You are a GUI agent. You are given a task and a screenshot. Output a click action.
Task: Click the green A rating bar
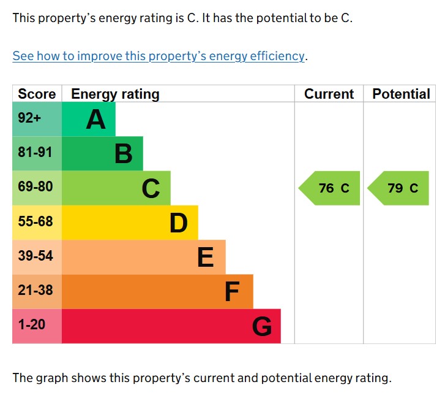coord(89,119)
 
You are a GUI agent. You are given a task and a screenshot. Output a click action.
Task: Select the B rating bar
coord(102,153)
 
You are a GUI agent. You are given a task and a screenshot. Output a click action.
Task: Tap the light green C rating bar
coord(116,188)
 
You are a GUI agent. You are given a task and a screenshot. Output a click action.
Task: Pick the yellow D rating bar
coord(130,222)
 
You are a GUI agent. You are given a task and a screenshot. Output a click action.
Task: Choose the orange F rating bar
coord(157,291)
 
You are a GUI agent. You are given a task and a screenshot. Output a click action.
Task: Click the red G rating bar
coord(171,326)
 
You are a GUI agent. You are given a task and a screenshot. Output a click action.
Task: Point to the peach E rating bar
coord(144,256)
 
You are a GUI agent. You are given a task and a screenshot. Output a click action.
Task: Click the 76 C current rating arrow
coord(330,188)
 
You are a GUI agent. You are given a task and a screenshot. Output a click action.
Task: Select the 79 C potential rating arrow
coord(398,188)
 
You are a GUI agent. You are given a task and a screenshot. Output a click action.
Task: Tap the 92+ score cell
coord(37,119)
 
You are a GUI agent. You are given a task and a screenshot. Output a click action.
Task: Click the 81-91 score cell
coord(37,153)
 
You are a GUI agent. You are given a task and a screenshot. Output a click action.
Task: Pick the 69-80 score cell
coord(37,188)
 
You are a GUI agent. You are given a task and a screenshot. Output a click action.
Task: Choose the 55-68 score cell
coord(37,222)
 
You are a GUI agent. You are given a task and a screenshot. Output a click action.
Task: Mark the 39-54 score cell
coord(37,256)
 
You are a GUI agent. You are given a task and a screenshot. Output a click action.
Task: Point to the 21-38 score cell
coord(37,291)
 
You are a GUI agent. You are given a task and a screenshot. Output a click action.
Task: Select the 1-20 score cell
coord(37,326)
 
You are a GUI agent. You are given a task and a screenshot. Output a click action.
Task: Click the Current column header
coord(329,94)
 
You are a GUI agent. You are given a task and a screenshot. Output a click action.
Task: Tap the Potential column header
coord(401,94)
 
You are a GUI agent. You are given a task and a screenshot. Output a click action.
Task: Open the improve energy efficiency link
coord(159,56)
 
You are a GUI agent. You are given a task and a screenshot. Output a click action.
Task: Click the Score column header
coord(37,94)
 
